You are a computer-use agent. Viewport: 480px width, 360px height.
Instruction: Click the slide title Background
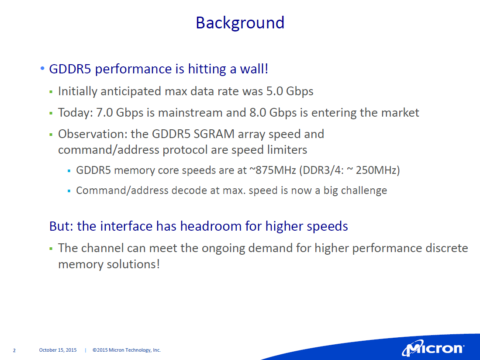click(240, 23)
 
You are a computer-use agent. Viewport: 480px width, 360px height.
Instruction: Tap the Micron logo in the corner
click(433, 349)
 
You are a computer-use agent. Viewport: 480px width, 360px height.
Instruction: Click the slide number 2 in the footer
click(14, 350)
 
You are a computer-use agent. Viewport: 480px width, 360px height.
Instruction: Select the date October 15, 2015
click(58, 350)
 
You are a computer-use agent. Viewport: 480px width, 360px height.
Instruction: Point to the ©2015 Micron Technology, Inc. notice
click(126, 350)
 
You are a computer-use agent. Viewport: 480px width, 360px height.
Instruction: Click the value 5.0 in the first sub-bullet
click(274, 91)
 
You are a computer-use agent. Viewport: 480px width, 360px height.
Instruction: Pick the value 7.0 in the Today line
click(104, 113)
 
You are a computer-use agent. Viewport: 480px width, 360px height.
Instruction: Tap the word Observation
click(93, 134)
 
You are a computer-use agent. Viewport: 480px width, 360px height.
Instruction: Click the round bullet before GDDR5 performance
click(42, 68)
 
